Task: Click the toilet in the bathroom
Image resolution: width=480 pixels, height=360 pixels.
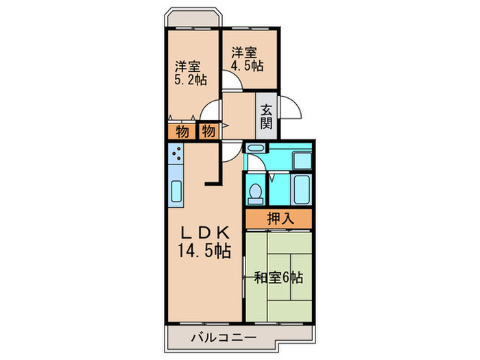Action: coord(256,193)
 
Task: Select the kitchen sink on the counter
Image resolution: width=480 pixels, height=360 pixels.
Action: coord(176,193)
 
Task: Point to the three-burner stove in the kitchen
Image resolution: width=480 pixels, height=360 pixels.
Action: coord(176,153)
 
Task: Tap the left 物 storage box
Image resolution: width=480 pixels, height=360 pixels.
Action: coord(182,130)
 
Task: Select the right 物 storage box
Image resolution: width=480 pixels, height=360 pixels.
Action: coord(208,130)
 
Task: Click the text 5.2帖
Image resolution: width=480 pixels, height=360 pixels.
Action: coord(190,80)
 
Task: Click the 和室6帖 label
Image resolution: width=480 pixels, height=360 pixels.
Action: coord(278,278)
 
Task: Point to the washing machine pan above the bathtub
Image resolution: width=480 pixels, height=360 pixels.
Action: coord(302,160)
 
